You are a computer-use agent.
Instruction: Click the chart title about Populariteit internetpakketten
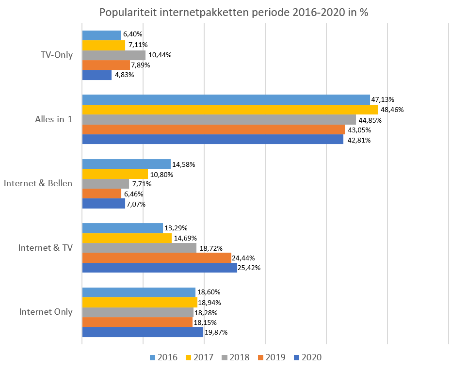point(234,12)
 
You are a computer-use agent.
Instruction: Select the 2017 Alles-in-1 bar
point(229,110)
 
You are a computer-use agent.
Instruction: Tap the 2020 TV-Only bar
point(97,75)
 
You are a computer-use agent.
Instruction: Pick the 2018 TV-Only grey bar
point(113,55)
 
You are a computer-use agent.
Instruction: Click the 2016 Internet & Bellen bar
point(126,164)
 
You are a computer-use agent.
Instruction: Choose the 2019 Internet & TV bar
point(156,258)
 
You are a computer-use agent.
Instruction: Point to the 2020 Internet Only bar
point(142,332)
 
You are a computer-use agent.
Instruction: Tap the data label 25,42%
point(249,268)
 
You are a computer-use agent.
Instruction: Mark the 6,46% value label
point(134,194)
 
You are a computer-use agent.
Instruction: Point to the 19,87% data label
point(216,332)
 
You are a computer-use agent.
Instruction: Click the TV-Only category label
point(57,55)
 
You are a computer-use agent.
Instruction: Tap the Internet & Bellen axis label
point(38,183)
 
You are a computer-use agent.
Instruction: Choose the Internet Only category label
point(46,312)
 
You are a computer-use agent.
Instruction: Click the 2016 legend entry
point(163,358)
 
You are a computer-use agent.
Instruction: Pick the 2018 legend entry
point(235,358)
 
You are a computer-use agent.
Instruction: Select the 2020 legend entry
point(307,358)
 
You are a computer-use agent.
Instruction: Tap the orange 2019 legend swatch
point(260,358)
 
